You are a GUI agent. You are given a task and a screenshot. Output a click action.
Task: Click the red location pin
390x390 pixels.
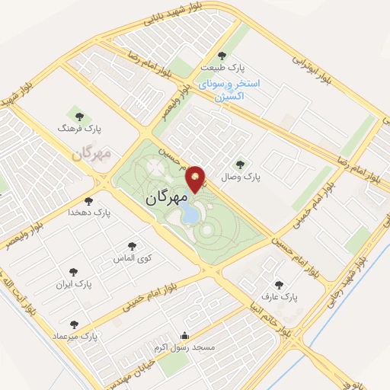[197, 178]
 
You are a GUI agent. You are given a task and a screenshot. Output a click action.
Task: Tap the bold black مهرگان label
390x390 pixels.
[165, 197]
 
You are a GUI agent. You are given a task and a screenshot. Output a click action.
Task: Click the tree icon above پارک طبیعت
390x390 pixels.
[222, 55]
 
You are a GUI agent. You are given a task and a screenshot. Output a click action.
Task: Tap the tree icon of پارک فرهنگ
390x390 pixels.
[78, 117]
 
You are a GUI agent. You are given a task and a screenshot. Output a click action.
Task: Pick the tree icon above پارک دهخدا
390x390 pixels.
[89, 201]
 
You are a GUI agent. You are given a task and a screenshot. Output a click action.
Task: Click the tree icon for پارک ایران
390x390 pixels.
[74, 271]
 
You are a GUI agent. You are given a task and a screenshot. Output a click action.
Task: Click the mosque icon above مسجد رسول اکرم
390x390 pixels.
[184, 334]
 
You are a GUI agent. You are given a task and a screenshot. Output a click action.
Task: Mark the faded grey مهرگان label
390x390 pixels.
[91, 154]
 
